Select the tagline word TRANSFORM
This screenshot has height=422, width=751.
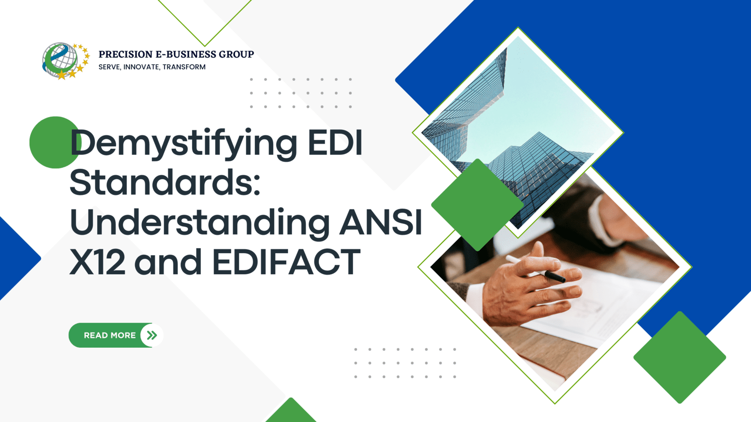point(184,67)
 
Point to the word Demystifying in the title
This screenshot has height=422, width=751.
point(184,143)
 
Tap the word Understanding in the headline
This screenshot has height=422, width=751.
point(199,222)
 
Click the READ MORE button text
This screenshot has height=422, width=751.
point(110,335)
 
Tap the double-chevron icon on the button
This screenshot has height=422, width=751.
point(152,335)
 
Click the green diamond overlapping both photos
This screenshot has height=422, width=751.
point(477,204)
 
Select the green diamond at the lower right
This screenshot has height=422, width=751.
point(680,357)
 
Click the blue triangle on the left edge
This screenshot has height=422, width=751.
point(14,258)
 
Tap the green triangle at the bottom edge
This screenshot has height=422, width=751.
point(291,413)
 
